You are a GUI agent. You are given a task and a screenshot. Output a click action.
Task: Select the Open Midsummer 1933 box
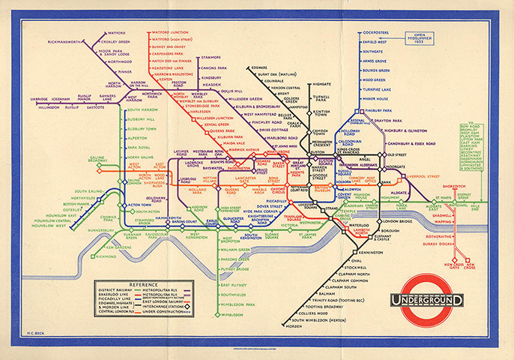pyautogui.click(x=429, y=37)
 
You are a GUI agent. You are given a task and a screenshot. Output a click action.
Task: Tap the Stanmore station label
pyautogui.click(x=211, y=57)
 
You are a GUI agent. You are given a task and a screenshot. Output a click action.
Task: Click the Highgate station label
pyautogui.click(x=321, y=84)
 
